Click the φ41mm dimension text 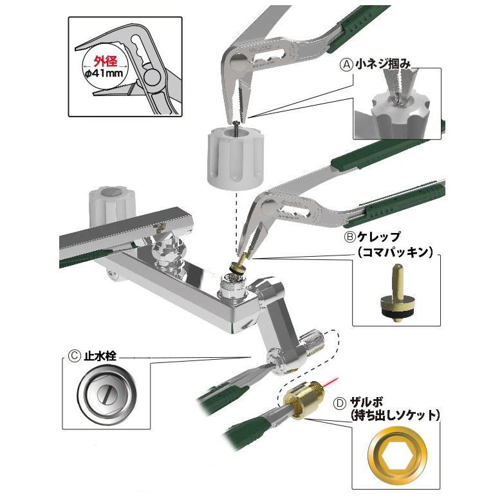[104, 73]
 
